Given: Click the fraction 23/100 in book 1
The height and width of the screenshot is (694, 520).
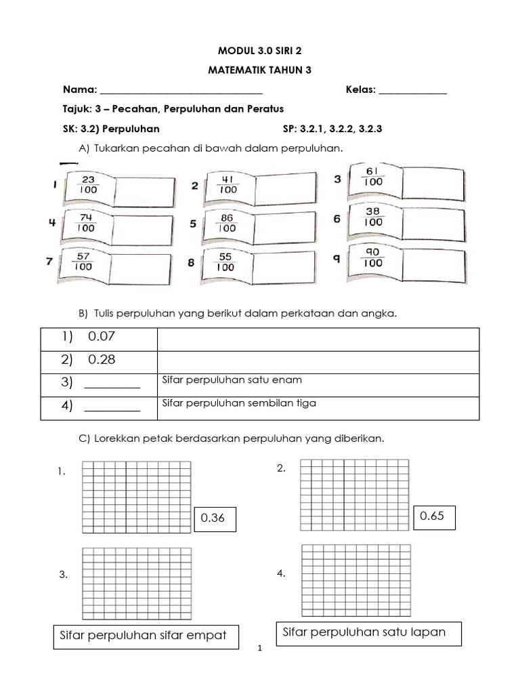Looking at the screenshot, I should pyautogui.click(x=87, y=185).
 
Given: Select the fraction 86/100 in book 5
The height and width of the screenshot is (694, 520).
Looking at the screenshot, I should pyautogui.click(x=228, y=223).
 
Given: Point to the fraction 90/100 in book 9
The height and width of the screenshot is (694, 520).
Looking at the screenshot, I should pyautogui.click(x=373, y=257).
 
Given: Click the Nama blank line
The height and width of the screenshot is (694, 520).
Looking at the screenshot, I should pyautogui.click(x=181, y=90).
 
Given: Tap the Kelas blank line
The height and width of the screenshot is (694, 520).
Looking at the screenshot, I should pyautogui.click(x=412, y=90).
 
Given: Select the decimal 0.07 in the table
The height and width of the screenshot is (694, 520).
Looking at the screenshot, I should pyautogui.click(x=102, y=337).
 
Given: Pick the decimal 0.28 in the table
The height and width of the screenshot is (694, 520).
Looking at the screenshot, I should pyautogui.click(x=102, y=360).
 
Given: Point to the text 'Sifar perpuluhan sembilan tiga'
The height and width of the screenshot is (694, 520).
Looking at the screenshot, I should pyautogui.click(x=240, y=403).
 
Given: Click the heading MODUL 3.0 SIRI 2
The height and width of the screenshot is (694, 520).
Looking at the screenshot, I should pyautogui.click(x=260, y=51).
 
